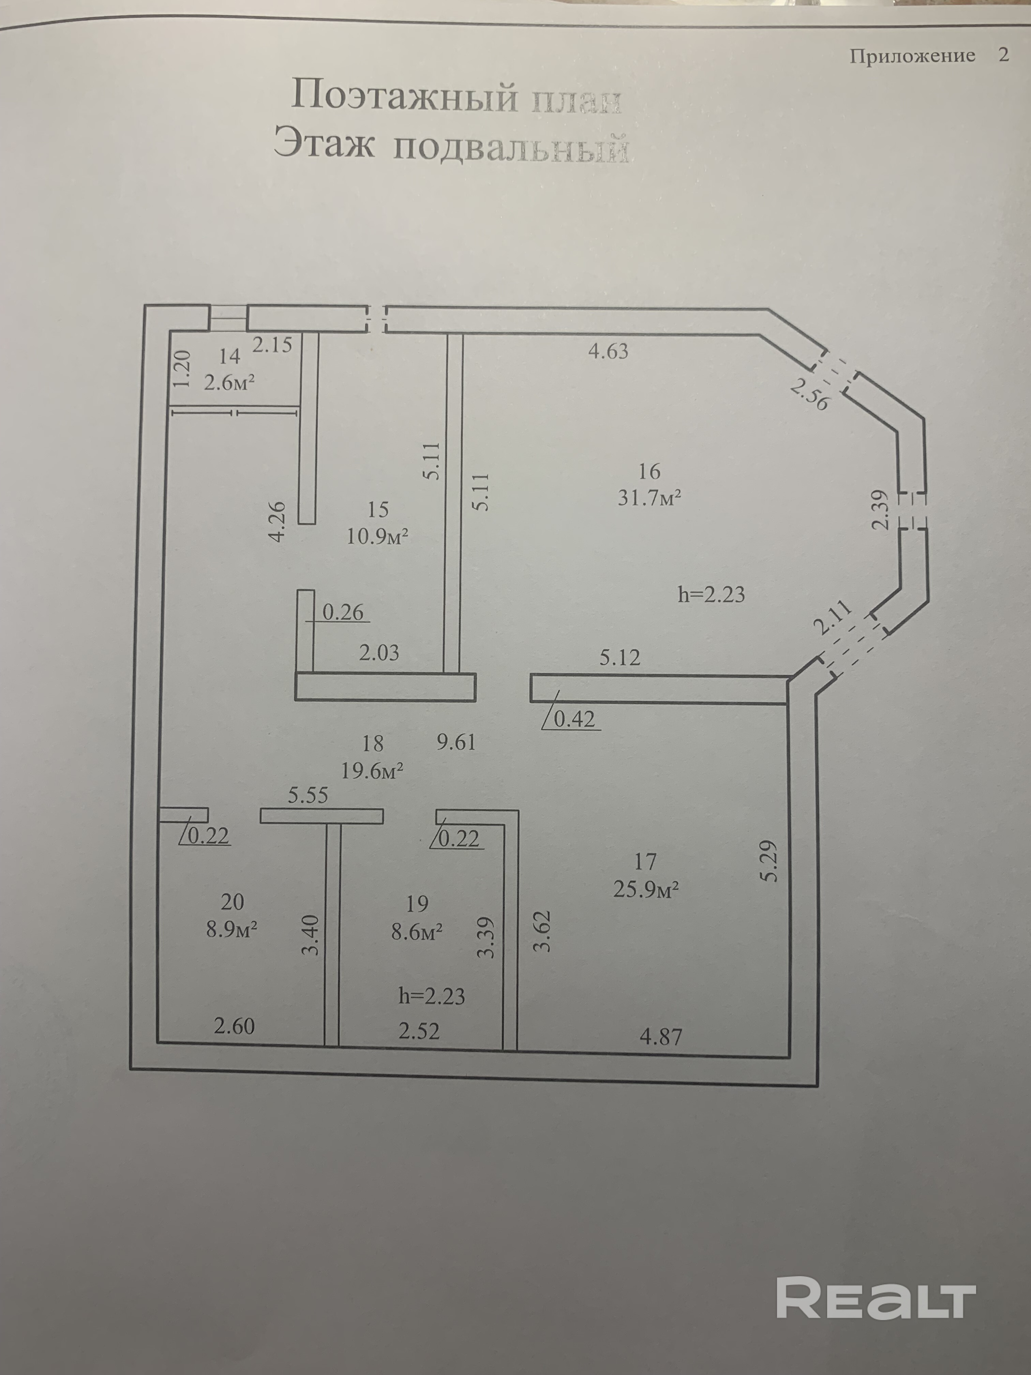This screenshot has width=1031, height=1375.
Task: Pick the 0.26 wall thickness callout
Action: tap(342, 612)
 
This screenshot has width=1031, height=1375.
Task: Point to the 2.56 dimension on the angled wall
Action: tap(810, 395)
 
